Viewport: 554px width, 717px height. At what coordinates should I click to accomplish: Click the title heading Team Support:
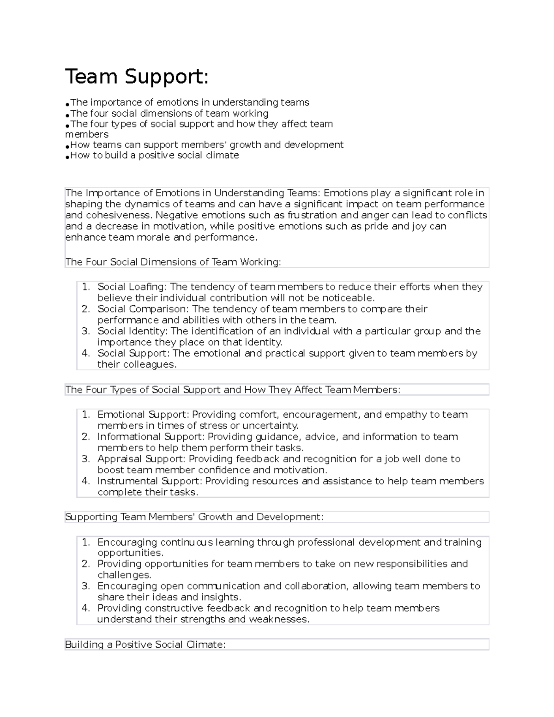[x=137, y=77]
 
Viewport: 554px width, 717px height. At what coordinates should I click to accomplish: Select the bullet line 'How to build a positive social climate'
[x=154, y=156]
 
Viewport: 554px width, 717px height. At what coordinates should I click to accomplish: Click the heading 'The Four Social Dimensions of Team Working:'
[x=173, y=262]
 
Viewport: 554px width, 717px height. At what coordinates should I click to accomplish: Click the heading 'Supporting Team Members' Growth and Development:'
[x=194, y=517]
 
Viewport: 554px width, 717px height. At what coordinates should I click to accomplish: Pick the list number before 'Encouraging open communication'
[x=85, y=586]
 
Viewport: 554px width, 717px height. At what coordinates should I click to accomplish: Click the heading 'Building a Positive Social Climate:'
[x=145, y=645]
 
